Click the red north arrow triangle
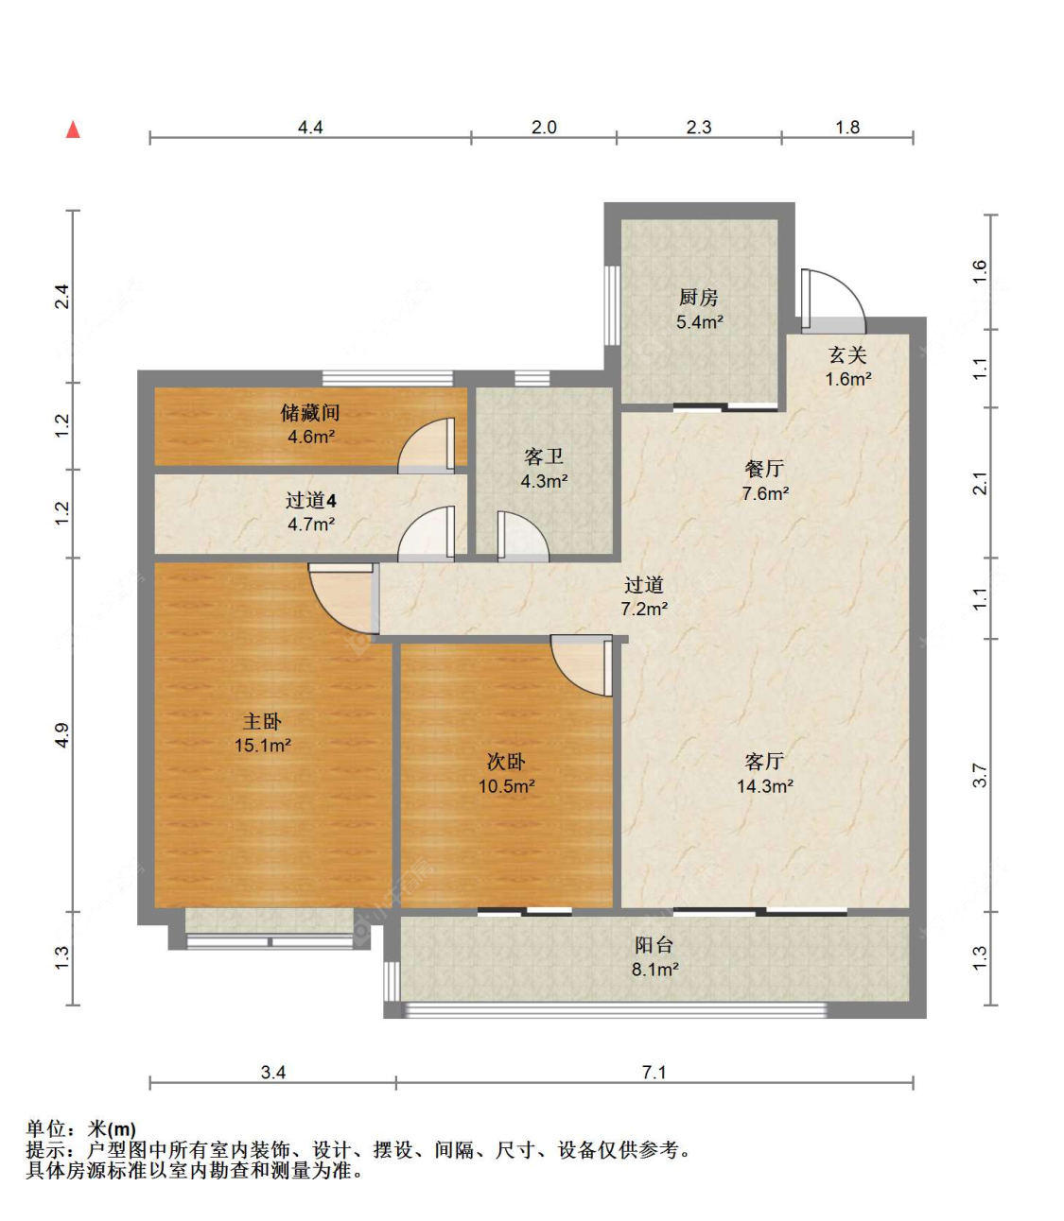pos(73,129)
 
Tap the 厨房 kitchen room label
pos(699,298)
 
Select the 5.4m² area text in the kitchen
pos(699,322)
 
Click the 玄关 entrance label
pos(847,355)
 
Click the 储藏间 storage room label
pos(310,413)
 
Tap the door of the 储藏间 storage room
pos(427,445)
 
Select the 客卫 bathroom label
pos(544,457)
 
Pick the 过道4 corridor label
pos(311,501)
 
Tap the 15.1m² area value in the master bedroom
pos(262,746)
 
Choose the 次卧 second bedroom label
pos(506,762)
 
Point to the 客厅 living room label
pos(764,762)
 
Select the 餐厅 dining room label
pos(764,469)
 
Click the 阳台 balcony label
pos(654,945)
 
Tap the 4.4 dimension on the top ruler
pos(310,128)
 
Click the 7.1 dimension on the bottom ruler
pos(654,1073)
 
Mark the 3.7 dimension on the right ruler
pos(981,776)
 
